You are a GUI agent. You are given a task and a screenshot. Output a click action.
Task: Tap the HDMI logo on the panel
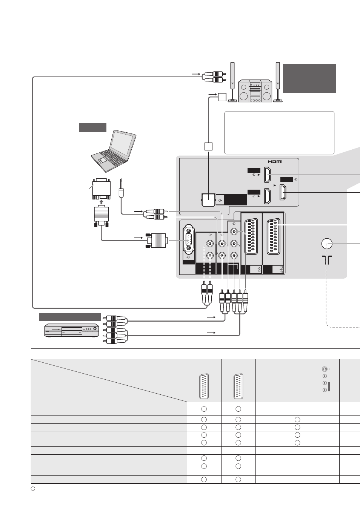[x=275, y=162]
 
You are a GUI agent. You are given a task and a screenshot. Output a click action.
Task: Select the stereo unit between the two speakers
[x=255, y=91]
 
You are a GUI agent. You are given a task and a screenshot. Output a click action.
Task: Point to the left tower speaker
[x=232, y=82]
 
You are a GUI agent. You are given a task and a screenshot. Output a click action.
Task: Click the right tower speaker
[x=278, y=82]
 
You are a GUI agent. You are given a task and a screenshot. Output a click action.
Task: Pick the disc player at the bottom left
[x=72, y=330]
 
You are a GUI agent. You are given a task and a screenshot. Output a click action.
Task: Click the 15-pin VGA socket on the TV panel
[x=189, y=239]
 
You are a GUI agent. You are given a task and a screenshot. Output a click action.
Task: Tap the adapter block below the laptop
[x=102, y=189]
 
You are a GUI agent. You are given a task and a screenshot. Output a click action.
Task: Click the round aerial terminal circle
[x=327, y=244]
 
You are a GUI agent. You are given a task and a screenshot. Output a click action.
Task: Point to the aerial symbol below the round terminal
[x=327, y=260]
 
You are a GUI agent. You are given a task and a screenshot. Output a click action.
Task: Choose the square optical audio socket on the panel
[x=209, y=200]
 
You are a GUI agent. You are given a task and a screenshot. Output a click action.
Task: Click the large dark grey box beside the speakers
[x=309, y=78]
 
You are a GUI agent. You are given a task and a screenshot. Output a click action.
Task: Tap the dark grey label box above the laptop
[x=92, y=127]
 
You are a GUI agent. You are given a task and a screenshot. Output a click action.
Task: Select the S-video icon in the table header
[x=325, y=369]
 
